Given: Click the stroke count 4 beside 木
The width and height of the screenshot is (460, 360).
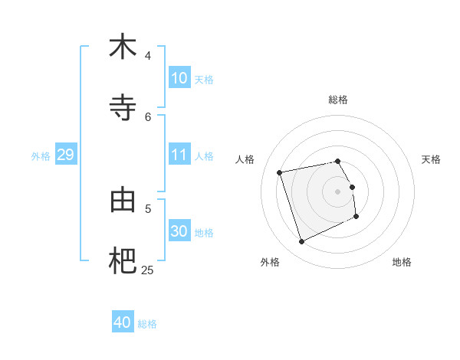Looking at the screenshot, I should tap(148, 56).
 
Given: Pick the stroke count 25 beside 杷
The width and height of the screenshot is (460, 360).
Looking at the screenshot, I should tap(147, 270).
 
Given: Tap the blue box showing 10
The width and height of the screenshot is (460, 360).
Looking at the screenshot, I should tap(179, 78).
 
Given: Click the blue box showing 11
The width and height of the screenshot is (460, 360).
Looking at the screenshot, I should tap(179, 155).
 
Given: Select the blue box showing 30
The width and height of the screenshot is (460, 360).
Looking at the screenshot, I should tap(179, 231).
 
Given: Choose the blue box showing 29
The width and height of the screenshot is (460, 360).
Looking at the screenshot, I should tap(65, 155).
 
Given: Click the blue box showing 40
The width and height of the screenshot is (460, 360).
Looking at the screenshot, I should tap(122, 322).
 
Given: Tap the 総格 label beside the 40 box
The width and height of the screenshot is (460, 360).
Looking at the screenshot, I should tap(147, 324).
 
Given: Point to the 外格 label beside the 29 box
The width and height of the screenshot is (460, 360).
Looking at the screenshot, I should tap(41, 156).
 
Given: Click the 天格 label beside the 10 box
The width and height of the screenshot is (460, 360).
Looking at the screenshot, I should tap(203, 80).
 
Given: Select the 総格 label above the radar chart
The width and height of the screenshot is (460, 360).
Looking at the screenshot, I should tap(338, 100).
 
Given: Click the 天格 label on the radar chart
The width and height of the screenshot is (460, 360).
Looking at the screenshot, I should tap(431, 159).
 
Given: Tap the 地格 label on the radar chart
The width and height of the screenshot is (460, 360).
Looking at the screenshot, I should tap(402, 262).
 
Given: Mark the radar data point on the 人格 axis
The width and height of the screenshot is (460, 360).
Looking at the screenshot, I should tap(280, 172).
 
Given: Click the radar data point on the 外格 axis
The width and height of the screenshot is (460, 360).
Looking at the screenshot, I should tap(301, 242).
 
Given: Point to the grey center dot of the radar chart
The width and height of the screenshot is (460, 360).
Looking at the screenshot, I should tap(338, 191).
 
